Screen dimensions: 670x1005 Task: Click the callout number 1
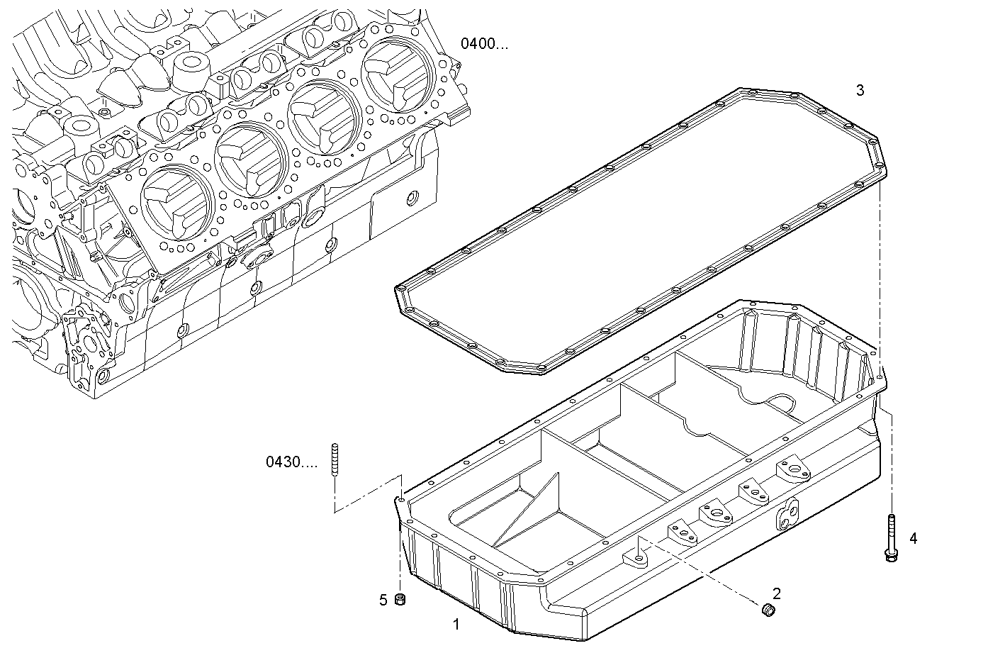coord(456,625)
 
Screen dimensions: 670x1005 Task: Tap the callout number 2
coord(777,593)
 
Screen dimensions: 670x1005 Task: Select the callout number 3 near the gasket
coord(860,90)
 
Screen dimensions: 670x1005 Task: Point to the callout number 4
coord(913,539)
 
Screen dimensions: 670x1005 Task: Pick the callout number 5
coord(383,601)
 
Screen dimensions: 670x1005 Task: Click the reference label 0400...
coord(485,44)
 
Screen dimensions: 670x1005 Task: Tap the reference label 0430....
coord(292,463)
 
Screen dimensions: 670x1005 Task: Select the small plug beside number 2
coord(767,609)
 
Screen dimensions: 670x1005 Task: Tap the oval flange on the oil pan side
coord(787,513)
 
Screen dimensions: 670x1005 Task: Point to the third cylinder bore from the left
coord(323,116)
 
